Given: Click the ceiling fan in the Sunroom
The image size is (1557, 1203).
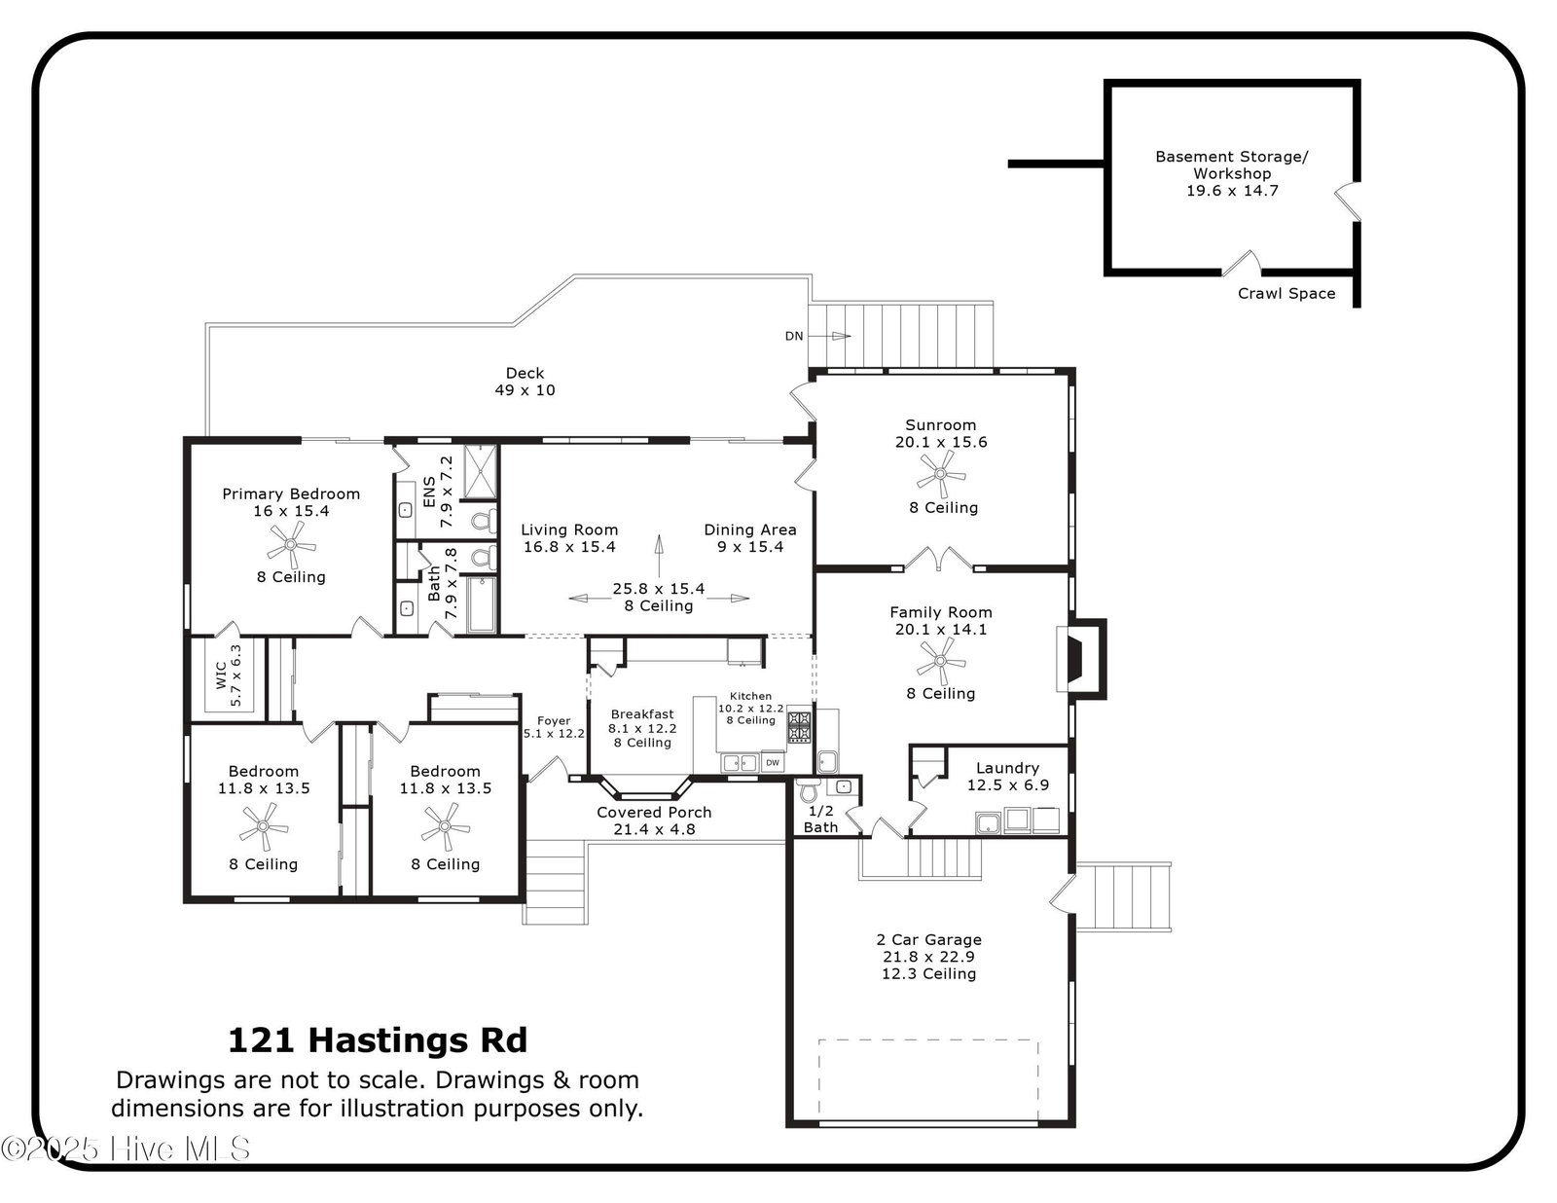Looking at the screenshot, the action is [x=941, y=474].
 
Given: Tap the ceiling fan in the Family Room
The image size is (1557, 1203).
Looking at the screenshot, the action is [x=941, y=661].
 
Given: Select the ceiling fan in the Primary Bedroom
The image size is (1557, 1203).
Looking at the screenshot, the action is [x=291, y=544].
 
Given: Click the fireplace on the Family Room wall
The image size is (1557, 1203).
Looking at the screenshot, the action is [x=1081, y=659].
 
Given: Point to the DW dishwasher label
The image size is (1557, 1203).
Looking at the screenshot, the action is [x=773, y=762].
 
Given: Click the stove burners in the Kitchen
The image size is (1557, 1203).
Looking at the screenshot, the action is [x=800, y=726].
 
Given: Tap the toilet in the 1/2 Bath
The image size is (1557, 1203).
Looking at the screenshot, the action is [x=809, y=789].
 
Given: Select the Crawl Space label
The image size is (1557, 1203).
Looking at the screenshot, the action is [x=1286, y=293].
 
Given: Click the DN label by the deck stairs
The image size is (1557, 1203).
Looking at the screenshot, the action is [x=794, y=336].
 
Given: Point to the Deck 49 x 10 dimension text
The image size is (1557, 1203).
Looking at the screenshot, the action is [x=525, y=389].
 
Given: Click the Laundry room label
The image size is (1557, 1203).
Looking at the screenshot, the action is [x=1007, y=768].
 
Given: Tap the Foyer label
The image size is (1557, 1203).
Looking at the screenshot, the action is [x=554, y=721].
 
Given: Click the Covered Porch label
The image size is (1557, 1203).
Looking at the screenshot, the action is [x=654, y=812].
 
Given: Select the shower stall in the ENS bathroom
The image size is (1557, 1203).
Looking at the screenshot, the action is [x=480, y=471].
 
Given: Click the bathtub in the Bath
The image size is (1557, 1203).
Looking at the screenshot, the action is [x=482, y=604].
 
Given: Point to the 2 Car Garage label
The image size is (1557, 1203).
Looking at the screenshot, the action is [x=928, y=939].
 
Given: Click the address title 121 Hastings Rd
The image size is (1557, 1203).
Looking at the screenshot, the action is [x=378, y=1040].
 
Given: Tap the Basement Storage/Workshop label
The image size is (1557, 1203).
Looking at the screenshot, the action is [x=1232, y=164].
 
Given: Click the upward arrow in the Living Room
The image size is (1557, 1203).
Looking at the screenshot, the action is [x=659, y=556].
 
